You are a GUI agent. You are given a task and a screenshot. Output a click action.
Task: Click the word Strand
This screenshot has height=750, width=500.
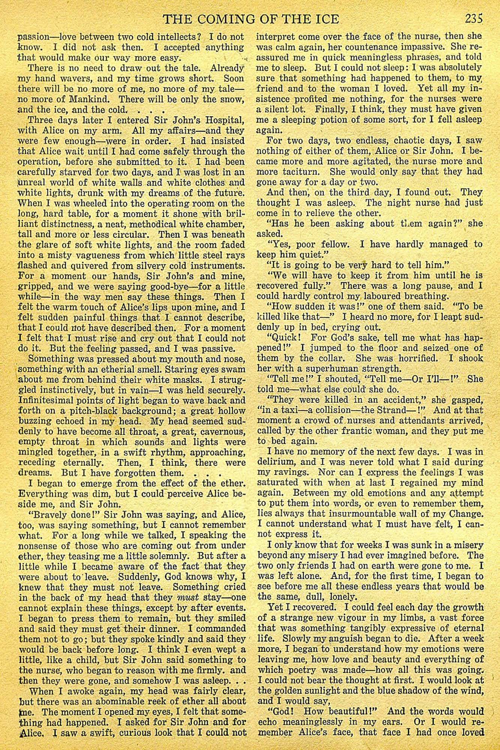click(x=409, y=410)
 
